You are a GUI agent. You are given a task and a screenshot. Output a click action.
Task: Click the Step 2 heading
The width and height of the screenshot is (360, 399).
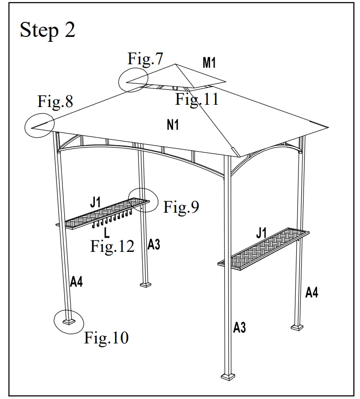(x=47, y=31)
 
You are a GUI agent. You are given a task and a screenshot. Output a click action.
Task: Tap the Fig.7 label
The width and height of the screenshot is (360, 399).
(x=145, y=59)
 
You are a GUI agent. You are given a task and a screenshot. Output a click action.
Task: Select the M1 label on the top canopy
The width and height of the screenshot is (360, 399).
(x=209, y=63)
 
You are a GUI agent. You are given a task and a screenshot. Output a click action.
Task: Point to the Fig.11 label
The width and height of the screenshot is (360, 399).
(x=197, y=99)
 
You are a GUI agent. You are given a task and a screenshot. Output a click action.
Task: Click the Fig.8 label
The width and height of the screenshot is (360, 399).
(x=55, y=102)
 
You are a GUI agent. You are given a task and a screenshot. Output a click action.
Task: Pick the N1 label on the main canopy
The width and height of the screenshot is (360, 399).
(x=173, y=124)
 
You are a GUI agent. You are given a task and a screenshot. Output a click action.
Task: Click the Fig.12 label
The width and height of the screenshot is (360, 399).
(x=113, y=246)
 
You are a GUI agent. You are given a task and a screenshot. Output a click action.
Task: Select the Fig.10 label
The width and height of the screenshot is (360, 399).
(x=107, y=338)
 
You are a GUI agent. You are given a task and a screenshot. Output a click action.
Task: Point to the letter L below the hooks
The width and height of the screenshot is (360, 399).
(x=106, y=233)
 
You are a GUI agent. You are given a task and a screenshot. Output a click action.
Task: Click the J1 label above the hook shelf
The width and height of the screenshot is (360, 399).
(x=95, y=202)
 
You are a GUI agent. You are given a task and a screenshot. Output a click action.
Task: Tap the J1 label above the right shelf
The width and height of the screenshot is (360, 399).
(x=261, y=233)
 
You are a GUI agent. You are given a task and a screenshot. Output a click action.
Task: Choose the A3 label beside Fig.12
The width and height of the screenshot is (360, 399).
(x=154, y=245)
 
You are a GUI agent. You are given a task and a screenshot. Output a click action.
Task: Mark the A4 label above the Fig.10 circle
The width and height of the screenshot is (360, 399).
(x=77, y=282)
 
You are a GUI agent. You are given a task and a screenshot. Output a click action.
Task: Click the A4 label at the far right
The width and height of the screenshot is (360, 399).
(x=311, y=292)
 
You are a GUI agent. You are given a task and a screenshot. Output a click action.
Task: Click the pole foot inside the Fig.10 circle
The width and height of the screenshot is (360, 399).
(x=69, y=321)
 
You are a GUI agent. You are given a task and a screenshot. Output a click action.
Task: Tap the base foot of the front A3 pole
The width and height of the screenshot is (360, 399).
(x=226, y=376)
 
